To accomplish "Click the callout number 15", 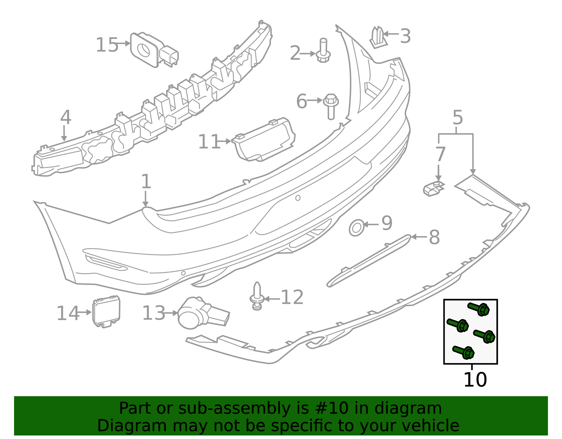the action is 107,45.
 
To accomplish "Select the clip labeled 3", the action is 378,37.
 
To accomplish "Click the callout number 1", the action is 146,182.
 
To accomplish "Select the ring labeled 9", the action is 356,228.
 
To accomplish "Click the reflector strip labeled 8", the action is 369,260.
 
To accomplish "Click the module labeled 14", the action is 106,312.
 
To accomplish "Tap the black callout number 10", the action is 475,380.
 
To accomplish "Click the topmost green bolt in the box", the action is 479,309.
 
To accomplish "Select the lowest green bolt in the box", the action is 464,352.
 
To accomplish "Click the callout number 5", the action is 457,118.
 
